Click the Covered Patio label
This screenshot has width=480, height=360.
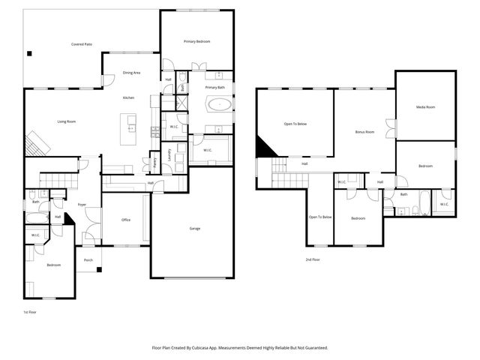(82, 44)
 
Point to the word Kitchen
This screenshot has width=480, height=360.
(129, 98)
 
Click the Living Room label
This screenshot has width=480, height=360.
(67, 121)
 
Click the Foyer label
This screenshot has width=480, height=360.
(82, 204)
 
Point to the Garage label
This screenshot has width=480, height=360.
(194, 229)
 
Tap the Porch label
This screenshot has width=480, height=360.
(88, 259)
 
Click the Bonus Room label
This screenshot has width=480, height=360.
(364, 132)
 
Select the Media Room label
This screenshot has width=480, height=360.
(425, 107)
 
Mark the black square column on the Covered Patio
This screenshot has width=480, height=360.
(30, 53)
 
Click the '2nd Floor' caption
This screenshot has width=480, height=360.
(313, 259)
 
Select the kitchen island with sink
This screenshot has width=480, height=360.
(132, 129)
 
